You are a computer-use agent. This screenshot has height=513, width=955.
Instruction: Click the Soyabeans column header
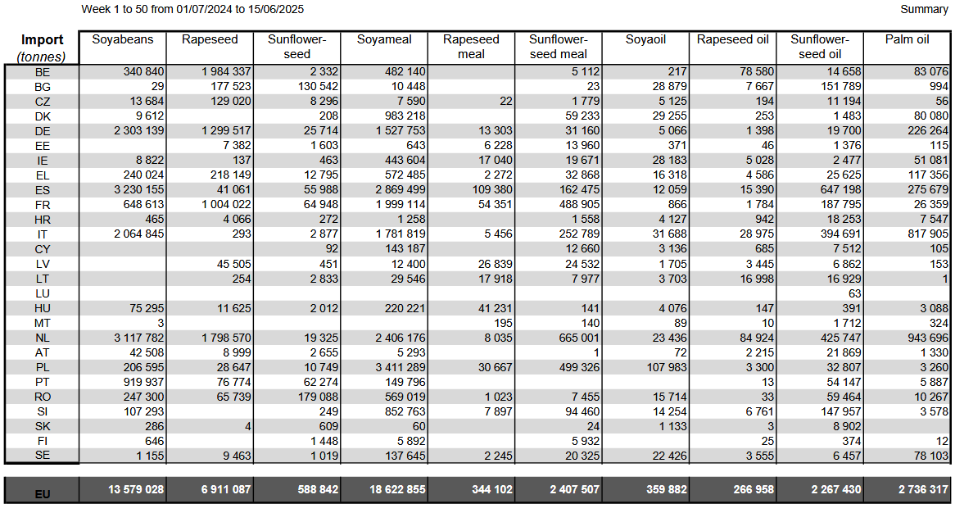tap(122, 39)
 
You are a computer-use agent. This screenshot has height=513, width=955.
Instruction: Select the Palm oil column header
tap(907, 39)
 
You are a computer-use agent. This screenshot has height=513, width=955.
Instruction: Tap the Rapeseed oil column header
tap(733, 39)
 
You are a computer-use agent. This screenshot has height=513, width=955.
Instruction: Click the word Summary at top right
tap(924, 9)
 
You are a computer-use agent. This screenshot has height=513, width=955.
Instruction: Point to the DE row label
tap(43, 131)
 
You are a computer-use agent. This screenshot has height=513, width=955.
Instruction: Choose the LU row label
tap(43, 293)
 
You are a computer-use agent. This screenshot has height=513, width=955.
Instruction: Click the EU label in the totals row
tap(43, 494)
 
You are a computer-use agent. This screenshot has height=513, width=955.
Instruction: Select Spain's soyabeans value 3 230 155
tap(139, 189)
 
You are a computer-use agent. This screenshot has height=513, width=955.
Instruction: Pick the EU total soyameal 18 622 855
tap(397, 489)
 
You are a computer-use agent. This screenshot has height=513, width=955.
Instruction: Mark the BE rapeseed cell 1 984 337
tap(226, 71)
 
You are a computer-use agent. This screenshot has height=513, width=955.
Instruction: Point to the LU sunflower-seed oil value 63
tap(854, 293)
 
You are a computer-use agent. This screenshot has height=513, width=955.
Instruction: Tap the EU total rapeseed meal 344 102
tap(491, 489)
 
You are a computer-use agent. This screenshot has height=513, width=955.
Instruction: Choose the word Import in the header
tap(42, 39)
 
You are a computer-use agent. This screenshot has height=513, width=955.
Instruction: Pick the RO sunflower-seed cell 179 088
tap(318, 397)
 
